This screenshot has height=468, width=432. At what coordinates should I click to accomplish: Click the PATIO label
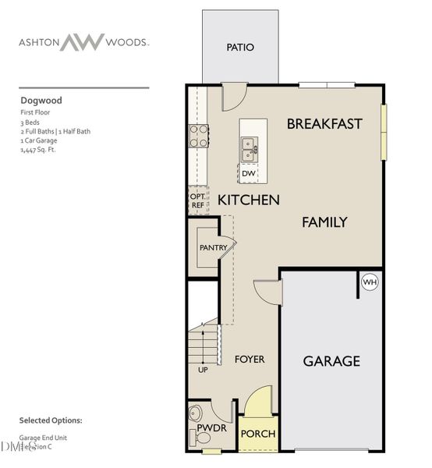pyautogui.click(x=240, y=48)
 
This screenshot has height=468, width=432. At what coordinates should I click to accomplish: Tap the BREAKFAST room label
pyautogui.click(x=324, y=123)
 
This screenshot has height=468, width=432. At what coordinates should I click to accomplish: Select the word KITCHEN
pyautogui.click(x=248, y=200)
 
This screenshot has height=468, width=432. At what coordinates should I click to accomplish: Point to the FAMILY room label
pyautogui.click(x=324, y=222)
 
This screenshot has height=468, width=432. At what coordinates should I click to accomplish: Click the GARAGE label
pyautogui.click(x=331, y=360)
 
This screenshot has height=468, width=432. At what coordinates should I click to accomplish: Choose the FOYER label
pyautogui.click(x=250, y=360)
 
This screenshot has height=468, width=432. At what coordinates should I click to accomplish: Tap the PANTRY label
pyautogui.click(x=213, y=247)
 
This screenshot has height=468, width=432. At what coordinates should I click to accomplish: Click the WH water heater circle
pyautogui.click(x=370, y=282)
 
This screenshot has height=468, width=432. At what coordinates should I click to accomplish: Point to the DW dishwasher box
pyautogui.click(x=248, y=173)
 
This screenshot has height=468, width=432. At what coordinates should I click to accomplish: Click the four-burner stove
pyautogui.click(x=199, y=136)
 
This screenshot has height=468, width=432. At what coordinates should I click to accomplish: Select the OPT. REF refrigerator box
pyautogui.click(x=197, y=200)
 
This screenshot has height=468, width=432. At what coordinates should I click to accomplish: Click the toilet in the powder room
pyautogui.click(x=197, y=413)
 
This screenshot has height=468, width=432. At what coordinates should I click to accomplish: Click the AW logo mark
pyautogui.click(x=83, y=41)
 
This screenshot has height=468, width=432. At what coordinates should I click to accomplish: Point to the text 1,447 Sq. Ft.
pyautogui.click(x=38, y=150)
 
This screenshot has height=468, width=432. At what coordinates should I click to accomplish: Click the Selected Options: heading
pyautogui.click(x=50, y=420)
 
